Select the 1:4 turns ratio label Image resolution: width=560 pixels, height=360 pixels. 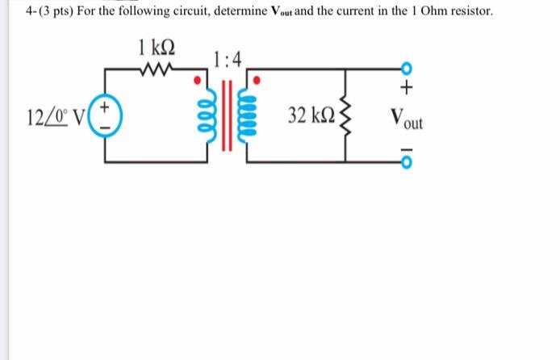(226, 58)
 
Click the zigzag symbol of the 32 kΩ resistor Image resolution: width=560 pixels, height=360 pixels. (348, 117)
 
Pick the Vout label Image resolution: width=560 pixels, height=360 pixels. (405, 119)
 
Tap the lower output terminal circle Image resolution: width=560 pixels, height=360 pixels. (407, 164)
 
